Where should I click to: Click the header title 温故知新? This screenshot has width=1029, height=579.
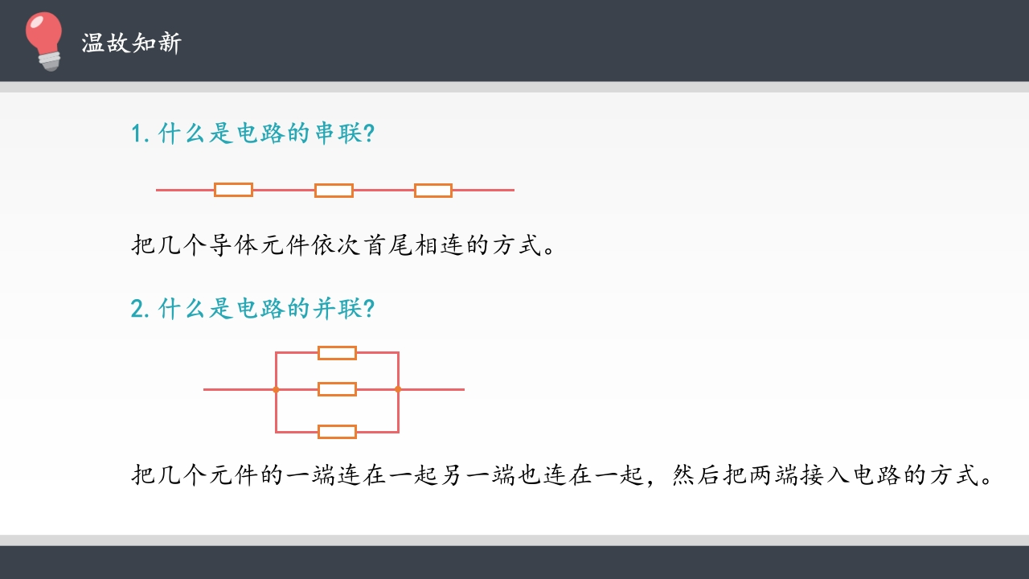[132, 43]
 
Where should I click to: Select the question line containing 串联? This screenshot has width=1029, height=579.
[252, 133]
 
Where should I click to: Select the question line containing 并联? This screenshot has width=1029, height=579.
[252, 308]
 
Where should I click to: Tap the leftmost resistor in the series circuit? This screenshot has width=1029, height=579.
[233, 190]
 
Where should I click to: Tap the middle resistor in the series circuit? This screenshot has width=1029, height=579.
[334, 191]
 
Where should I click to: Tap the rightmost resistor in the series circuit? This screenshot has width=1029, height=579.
[433, 191]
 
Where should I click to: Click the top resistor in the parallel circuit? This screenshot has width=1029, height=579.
[337, 352]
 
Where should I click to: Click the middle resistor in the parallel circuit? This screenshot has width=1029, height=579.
[337, 389]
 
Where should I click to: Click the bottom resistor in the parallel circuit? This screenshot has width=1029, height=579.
[337, 432]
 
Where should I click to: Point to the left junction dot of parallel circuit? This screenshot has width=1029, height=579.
[276, 389]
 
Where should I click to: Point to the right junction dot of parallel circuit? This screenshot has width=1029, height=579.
[398, 389]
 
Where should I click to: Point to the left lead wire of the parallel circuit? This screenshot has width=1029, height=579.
[239, 389]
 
